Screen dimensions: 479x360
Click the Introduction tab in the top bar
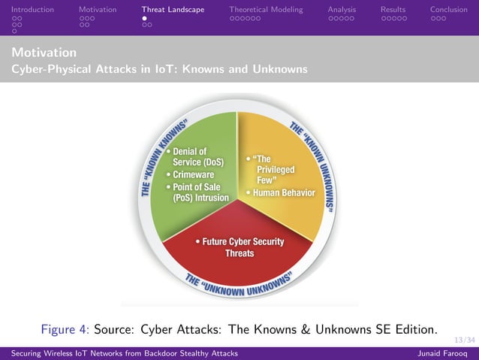32,10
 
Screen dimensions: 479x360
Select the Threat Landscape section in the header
173,10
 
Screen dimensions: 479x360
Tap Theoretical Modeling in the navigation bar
266,10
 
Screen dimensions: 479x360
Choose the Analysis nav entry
342,10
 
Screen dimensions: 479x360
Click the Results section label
393,10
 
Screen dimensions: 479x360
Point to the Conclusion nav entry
448,10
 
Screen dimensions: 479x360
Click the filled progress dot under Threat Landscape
145,18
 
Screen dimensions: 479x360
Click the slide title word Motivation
44,53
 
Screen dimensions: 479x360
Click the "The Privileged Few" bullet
269,170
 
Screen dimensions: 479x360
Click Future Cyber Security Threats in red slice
239,247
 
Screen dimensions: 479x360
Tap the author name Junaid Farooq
445,353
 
